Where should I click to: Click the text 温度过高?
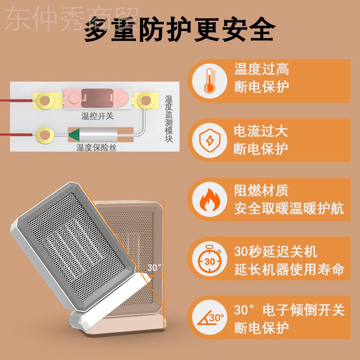click(x=261, y=69)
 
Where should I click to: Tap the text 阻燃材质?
click(x=261, y=192)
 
